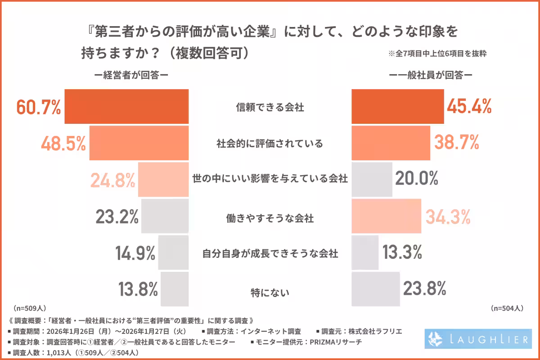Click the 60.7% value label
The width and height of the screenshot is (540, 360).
tap(38, 107)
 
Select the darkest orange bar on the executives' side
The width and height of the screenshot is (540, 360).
tap(126, 107)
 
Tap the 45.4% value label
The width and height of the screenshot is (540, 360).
tap(469, 107)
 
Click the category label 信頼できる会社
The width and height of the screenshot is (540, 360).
tap(270, 108)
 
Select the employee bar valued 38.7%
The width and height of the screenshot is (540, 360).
tap(391, 143)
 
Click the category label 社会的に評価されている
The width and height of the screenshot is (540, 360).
tap(270, 144)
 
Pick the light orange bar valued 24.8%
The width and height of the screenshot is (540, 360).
tap(163, 180)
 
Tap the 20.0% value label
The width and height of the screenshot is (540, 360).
tap(417, 180)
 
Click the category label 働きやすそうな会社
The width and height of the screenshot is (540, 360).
tap(270, 219)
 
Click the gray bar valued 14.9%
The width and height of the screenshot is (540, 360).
tap(173, 252)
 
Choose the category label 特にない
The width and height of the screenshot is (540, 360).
tap(270, 292)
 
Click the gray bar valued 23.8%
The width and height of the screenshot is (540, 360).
tap(375, 288)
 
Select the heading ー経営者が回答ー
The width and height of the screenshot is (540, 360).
tap(131, 75)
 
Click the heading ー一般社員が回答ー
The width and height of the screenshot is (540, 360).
tap(430, 75)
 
